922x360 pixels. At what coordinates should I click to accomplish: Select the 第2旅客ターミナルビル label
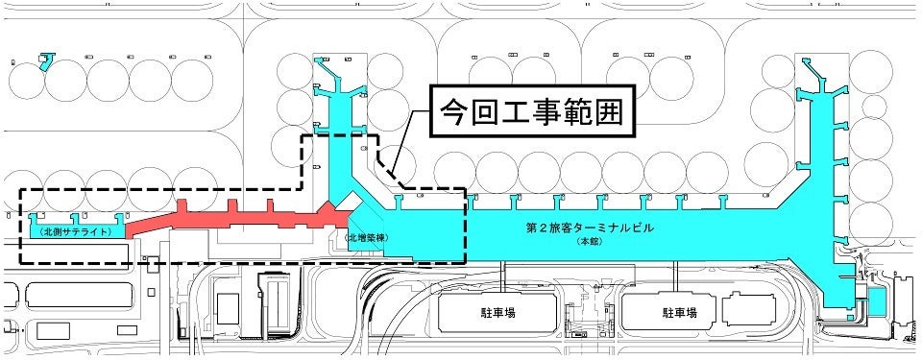pos(588,229)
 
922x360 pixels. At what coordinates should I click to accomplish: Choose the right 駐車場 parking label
pos(679,313)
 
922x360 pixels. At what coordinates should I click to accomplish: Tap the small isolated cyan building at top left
pos(45,61)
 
